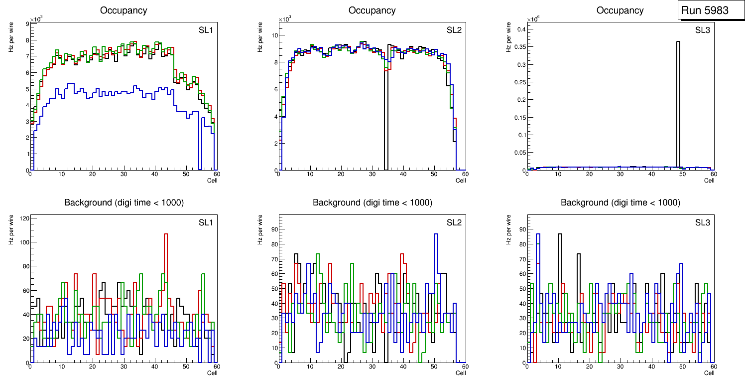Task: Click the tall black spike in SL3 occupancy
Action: coord(678,100)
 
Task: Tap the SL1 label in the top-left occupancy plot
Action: coord(206,30)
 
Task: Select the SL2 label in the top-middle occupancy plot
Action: coord(454,30)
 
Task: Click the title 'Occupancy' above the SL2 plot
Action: coord(372,10)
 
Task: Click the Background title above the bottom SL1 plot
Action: coord(124,202)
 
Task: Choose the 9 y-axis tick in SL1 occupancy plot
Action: coord(27,24)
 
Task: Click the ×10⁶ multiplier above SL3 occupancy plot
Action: coord(533,19)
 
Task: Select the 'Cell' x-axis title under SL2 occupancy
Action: coord(461,181)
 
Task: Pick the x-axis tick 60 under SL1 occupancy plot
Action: coord(217,174)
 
